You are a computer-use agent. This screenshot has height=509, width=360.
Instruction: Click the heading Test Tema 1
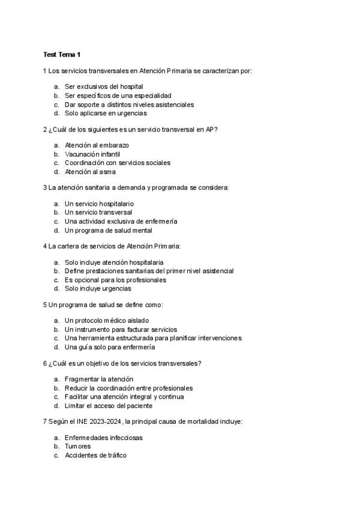click(x=62, y=55)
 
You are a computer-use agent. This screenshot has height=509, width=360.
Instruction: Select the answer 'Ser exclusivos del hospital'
click(x=103, y=86)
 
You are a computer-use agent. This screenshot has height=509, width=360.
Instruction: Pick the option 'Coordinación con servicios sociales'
click(x=117, y=163)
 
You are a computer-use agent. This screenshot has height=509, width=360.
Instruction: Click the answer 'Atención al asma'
click(x=90, y=172)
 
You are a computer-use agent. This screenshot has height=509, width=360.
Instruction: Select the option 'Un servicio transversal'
click(x=98, y=212)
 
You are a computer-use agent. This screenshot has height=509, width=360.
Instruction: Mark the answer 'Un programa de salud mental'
click(x=108, y=230)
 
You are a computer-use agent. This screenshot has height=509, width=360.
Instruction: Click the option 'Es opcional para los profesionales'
click(x=115, y=280)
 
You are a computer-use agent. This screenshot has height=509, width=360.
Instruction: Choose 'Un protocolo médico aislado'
click(x=106, y=321)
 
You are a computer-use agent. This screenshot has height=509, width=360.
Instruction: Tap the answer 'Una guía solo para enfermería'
click(x=109, y=347)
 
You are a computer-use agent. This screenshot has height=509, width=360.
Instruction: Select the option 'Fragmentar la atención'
click(x=98, y=379)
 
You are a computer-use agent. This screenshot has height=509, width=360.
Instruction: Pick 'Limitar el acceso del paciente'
click(x=112, y=406)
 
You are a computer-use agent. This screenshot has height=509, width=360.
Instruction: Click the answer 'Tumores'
click(x=77, y=447)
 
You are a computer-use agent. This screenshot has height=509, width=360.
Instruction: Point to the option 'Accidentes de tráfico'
click(x=95, y=456)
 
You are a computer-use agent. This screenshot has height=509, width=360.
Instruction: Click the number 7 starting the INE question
click(x=45, y=422)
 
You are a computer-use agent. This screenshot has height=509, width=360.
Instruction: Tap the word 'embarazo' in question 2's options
click(x=115, y=145)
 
